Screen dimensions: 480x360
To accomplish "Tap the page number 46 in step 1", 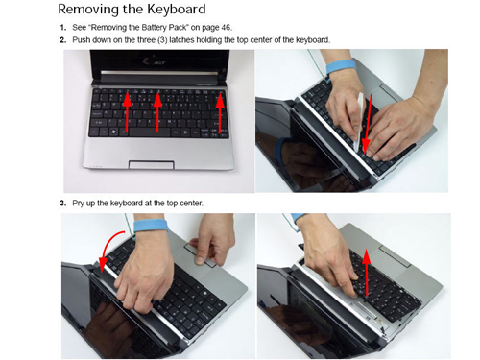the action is pos(226,28).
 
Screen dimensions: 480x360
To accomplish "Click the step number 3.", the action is pos(63,204).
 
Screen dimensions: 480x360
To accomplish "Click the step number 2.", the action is pos(63,40).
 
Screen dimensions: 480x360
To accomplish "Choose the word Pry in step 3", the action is pos(78,204).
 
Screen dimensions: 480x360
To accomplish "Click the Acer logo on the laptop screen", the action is pos(156,61).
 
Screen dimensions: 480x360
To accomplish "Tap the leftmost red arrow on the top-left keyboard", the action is pos(128,112).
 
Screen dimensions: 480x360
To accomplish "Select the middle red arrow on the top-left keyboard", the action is pos(157,112).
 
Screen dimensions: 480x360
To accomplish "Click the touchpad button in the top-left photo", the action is pos(152,165).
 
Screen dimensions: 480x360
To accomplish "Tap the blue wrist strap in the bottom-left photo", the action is pos(151,227).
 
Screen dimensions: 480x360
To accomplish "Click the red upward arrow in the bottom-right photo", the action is pos(367,272).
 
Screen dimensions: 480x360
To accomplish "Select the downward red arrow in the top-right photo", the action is pos(368,123).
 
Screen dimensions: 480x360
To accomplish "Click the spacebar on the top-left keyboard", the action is pos(150,132).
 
